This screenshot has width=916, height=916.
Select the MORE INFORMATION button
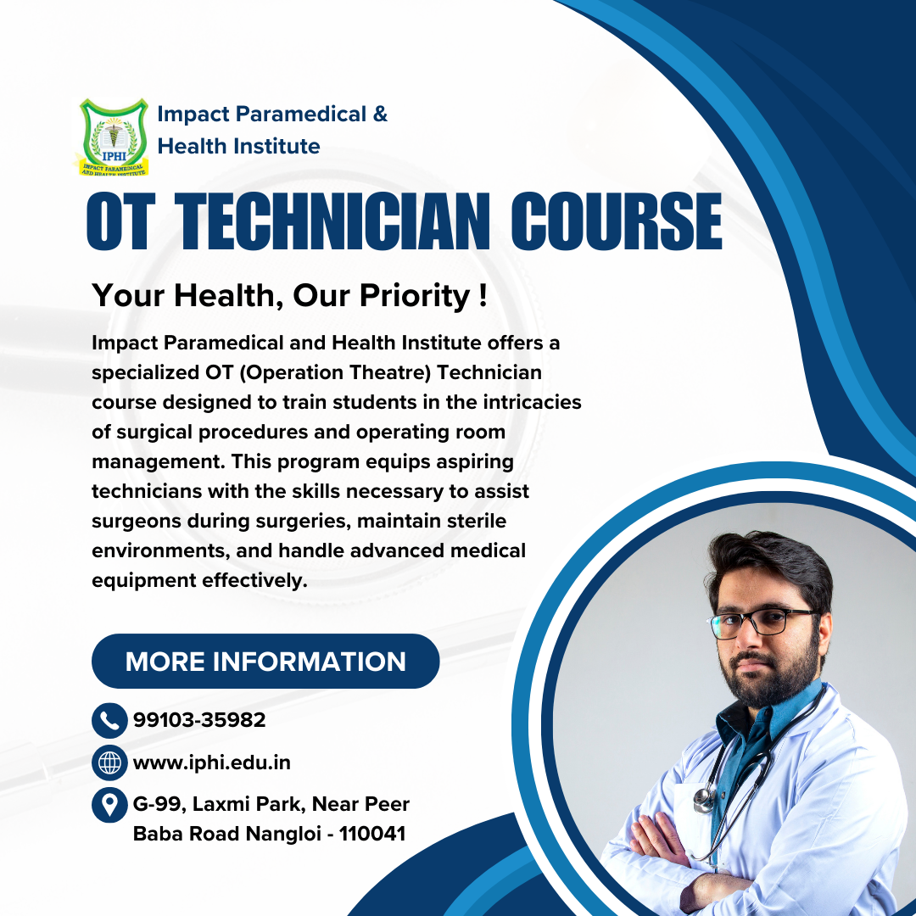tap(265, 662)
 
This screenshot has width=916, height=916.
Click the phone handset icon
tap(109, 721)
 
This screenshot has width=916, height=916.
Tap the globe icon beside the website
tap(109, 762)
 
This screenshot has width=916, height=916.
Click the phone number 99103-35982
tap(199, 721)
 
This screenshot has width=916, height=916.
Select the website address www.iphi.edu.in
tap(212, 762)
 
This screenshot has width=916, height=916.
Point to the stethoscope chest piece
tap(703, 797)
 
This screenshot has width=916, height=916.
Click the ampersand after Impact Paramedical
tap(380, 114)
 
